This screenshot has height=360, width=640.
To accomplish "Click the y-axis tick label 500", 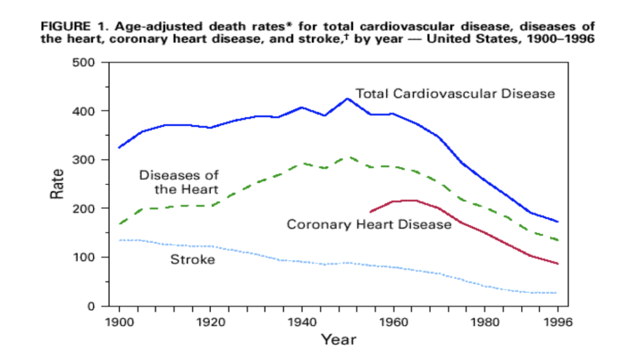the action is pos(83,63).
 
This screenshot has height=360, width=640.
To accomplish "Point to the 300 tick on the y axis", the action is pos(83,160).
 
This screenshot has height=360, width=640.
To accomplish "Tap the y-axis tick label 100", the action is pos(84,257).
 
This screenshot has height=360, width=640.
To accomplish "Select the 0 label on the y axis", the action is pos(91,306).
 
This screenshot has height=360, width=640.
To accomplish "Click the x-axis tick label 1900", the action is pos(119,322).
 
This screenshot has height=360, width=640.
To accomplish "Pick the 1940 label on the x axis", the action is pos(302,322).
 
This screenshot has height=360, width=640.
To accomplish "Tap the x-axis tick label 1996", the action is pos(558,322).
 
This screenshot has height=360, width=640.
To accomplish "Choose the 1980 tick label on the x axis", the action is pos(485,322).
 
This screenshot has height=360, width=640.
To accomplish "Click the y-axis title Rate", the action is pos(57,184).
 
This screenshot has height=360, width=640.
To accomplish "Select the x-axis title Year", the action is pos(338,339).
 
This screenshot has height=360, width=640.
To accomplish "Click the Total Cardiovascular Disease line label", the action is pos(455,94).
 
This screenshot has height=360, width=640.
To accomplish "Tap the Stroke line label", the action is pos(192,259).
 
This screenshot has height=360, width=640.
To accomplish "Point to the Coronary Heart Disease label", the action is pos(369,224).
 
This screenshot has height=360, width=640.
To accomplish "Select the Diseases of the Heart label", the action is pos(179,182).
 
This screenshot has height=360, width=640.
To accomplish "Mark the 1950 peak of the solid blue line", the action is pos(347,98).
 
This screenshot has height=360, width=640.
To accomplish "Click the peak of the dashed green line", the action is pos(347,157).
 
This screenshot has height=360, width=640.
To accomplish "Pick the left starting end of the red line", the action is pos(370,212).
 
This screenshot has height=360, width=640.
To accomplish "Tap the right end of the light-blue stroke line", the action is pos(557,293).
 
